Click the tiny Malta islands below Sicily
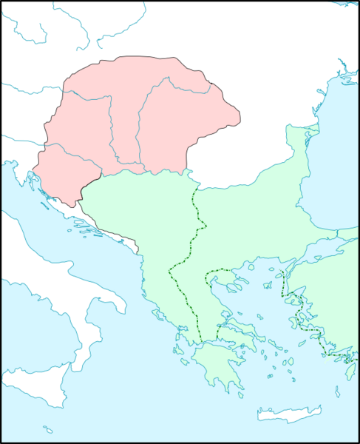tap(48, 429)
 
